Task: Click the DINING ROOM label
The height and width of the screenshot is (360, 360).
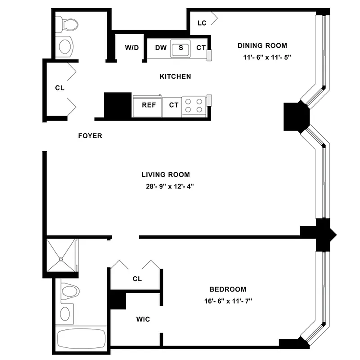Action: (x=262, y=45)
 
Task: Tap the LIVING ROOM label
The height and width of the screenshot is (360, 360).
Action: (x=165, y=175)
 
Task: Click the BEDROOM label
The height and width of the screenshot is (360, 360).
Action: (x=228, y=289)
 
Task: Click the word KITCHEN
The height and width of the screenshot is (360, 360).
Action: (x=175, y=76)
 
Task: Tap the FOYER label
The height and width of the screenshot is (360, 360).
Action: (x=90, y=135)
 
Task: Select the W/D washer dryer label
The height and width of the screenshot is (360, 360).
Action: (x=131, y=48)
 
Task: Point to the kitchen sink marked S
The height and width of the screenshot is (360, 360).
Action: (x=181, y=48)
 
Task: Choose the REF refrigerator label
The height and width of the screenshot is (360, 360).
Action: (x=148, y=105)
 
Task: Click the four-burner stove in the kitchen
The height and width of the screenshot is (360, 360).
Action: (x=194, y=105)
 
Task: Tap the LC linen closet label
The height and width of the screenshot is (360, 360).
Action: (x=202, y=23)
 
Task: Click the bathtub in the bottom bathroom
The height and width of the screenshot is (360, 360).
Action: (x=81, y=337)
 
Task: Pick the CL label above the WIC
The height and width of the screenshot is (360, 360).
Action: (x=137, y=279)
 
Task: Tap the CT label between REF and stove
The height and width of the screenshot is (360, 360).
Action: (x=174, y=105)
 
